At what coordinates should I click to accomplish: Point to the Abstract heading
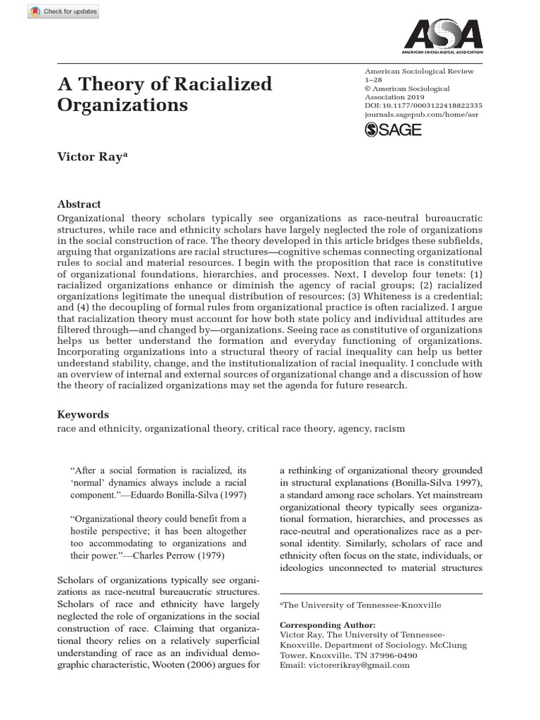click(79, 204)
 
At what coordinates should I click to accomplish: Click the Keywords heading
click(82, 414)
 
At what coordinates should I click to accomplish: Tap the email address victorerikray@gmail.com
click(345, 665)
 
